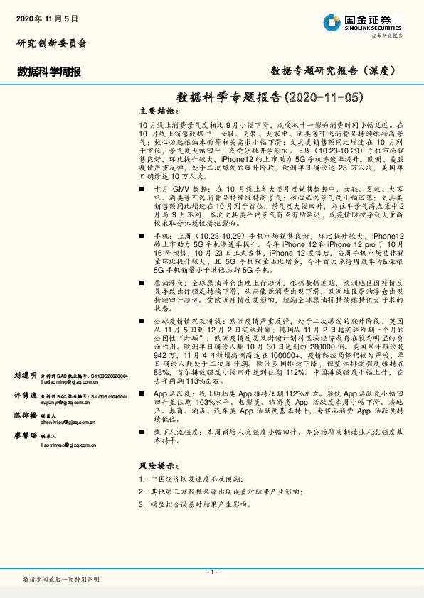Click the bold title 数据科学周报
pos(49,71)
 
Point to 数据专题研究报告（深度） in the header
pos(333,70)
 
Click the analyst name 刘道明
pos(25,374)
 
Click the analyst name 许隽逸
pos(25,394)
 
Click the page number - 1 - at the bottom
pos(212,572)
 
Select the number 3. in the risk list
pos(142,504)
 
